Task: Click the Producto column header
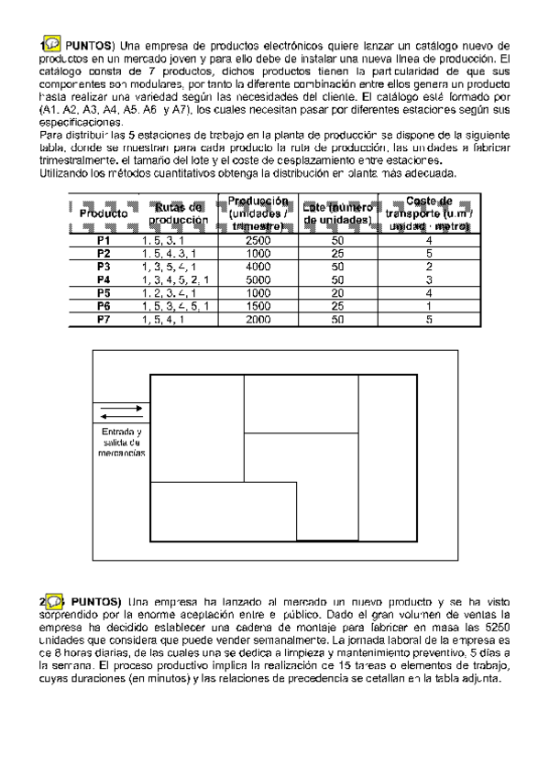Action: point(103,213)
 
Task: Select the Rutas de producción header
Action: point(181,213)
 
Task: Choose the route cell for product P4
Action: point(181,279)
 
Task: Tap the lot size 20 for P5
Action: point(337,293)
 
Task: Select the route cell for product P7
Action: point(181,320)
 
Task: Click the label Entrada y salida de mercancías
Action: point(121,442)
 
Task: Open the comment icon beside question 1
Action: point(51,45)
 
